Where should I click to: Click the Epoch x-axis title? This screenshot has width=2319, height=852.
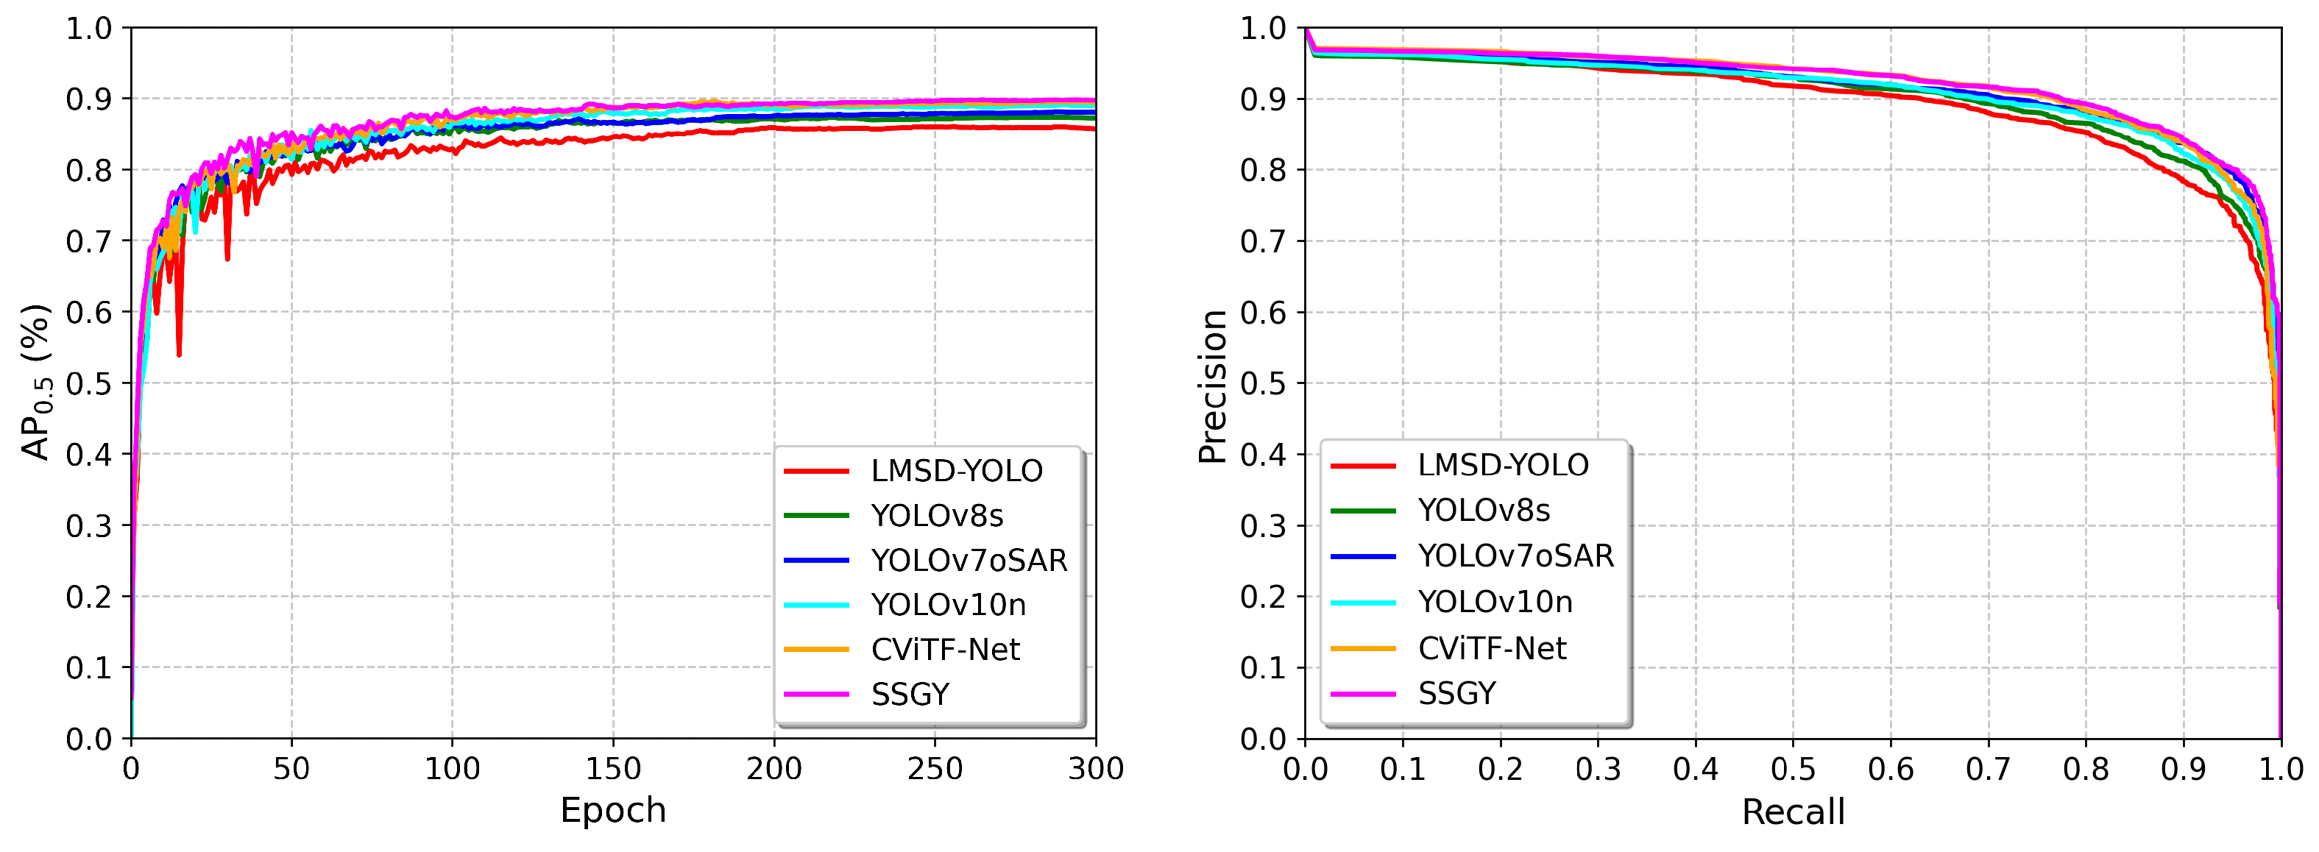pyautogui.click(x=613, y=811)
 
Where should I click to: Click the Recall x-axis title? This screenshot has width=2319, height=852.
pyautogui.click(x=1792, y=812)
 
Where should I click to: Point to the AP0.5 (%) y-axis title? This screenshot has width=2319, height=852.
pyautogui.click(x=36, y=383)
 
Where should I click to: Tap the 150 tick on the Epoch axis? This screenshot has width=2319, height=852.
pyautogui.click(x=613, y=770)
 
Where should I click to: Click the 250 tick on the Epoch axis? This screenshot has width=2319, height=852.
pyautogui.click(x=935, y=770)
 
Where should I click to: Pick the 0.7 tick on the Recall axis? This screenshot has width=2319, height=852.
pyautogui.click(x=1988, y=770)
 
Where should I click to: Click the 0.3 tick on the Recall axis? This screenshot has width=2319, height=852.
pyautogui.click(x=1598, y=770)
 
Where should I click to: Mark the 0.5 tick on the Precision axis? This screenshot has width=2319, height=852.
pyautogui.click(x=1263, y=384)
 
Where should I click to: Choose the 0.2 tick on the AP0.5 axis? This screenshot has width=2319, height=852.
pyautogui.click(x=88, y=597)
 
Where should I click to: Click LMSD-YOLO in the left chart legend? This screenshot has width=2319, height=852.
pyautogui.click(x=956, y=472)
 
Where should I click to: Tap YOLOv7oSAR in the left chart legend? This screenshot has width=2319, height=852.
pyautogui.click(x=969, y=561)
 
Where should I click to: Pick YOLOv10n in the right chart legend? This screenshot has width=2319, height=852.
pyautogui.click(x=1495, y=602)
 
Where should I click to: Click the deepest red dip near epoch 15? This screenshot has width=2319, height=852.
pyautogui.click(x=179, y=354)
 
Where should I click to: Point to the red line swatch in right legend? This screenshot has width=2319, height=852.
pyautogui.click(x=1363, y=466)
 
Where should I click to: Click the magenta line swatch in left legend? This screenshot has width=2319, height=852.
pyautogui.click(x=815, y=695)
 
